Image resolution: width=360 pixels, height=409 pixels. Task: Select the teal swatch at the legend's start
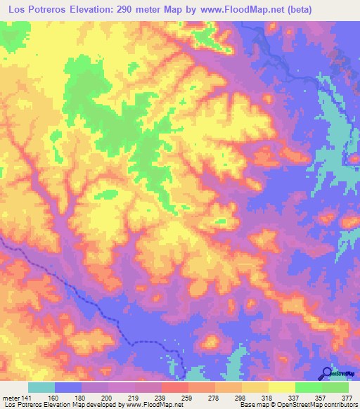click(x=41, y=387)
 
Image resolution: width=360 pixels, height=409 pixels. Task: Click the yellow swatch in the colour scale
click(x=281, y=387)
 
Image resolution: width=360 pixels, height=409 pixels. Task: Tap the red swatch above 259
click(x=174, y=387)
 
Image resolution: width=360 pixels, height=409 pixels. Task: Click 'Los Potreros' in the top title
click(x=36, y=9)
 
